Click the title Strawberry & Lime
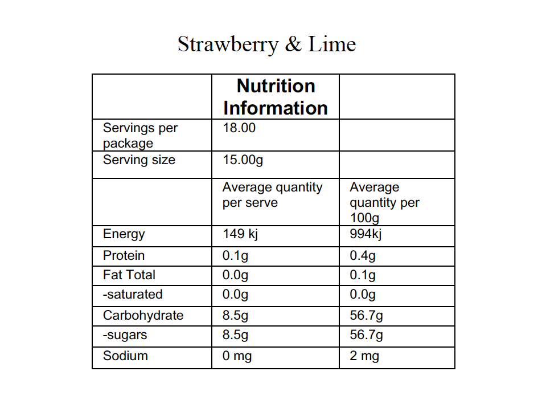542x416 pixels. click(x=266, y=44)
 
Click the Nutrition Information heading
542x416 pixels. click(x=276, y=97)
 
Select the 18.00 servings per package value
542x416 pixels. click(x=239, y=128)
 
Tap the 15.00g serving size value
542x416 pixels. click(x=243, y=160)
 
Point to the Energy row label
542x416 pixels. click(x=124, y=234)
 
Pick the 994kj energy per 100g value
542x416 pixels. click(x=365, y=234)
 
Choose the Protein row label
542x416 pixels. click(x=124, y=255)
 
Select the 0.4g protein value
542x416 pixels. click(x=363, y=255)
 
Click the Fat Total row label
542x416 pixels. click(x=129, y=275)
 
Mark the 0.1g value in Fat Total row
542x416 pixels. click(x=363, y=275)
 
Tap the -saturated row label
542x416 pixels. click(x=133, y=295)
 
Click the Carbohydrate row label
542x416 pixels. click(x=143, y=316)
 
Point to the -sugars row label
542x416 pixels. click(x=125, y=335)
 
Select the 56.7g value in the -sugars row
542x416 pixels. click(x=366, y=335)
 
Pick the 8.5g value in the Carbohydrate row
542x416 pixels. click(x=235, y=316)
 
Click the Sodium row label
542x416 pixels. click(x=125, y=356)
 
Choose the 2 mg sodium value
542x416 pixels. click(x=364, y=356)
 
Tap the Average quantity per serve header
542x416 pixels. click(x=272, y=195)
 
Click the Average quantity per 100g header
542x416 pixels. click(x=384, y=202)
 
